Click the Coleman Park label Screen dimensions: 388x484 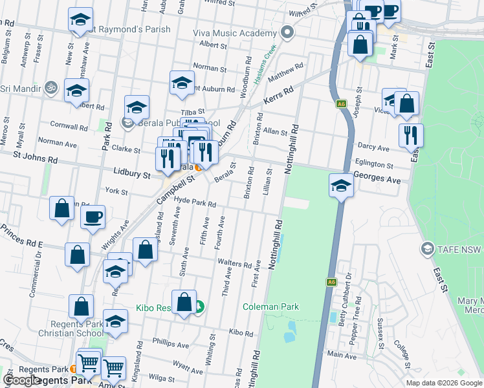[270, 307]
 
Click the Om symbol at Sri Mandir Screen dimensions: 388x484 [51, 87]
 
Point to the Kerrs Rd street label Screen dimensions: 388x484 [278, 98]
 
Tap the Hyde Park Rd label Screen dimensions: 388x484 [195, 202]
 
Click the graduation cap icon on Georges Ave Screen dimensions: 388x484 [341, 186]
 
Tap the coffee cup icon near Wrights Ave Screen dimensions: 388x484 [93, 217]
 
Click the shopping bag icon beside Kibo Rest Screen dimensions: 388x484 [184, 302]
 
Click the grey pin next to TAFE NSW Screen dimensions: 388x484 [426, 248]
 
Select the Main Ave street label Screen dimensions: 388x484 [342, 355]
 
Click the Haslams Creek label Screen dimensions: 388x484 [264, 65]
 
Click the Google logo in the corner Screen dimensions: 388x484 [21, 380]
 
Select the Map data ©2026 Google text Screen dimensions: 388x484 [443, 383]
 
